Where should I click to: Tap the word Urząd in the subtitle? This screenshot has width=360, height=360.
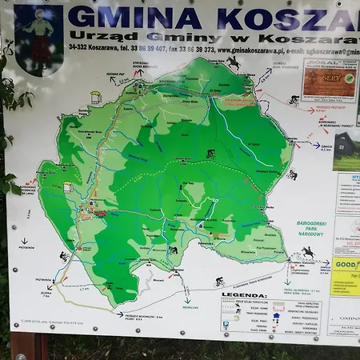[89, 36]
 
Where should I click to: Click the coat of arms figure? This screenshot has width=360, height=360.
[38, 30]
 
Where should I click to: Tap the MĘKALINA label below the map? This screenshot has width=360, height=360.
[189, 306]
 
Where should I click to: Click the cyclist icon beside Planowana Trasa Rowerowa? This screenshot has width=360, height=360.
[219, 282]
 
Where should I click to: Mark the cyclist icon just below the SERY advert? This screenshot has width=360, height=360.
[294, 101]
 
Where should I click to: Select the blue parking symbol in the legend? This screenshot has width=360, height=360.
[226, 325]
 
